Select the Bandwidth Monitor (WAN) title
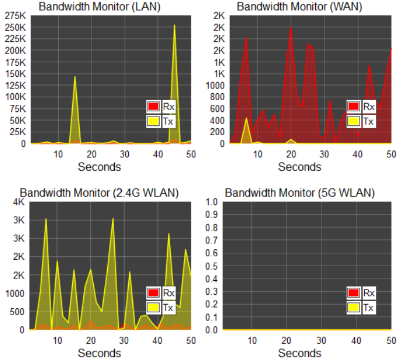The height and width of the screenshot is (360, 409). click(x=299, y=7)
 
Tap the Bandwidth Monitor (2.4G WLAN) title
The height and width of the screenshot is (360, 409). click(x=100, y=193)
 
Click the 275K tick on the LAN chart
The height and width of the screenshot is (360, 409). click(x=15, y=16)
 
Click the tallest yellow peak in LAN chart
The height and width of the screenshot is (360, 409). click(x=174, y=26)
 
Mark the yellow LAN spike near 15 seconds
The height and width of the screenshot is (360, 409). click(x=75, y=77)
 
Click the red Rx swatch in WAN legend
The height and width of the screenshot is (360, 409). click(x=353, y=107)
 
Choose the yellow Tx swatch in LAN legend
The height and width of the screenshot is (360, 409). click(x=153, y=121)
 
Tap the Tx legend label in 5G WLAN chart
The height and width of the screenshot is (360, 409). click(x=368, y=307)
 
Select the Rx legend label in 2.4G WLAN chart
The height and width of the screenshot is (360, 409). click(x=168, y=292)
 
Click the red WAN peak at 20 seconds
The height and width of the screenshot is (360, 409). click(x=291, y=27)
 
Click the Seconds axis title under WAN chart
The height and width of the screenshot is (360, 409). click(x=299, y=167)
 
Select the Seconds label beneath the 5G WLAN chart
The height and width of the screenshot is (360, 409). click(x=299, y=354)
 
